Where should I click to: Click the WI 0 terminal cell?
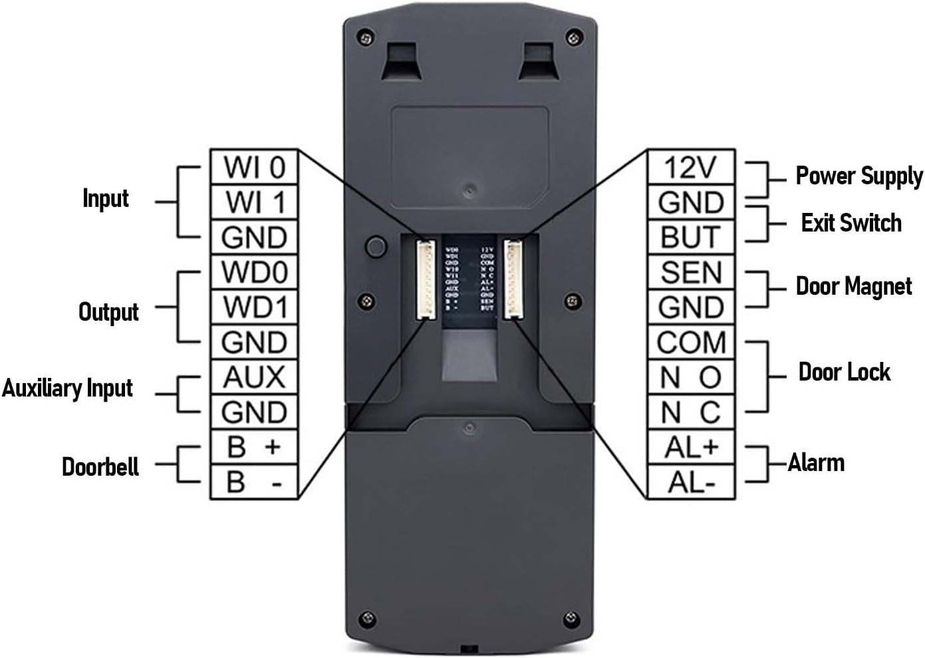tap(254, 167)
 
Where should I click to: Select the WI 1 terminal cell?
tap(254, 202)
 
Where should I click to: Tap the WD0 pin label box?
tap(254, 271)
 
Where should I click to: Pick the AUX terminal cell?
tap(254, 377)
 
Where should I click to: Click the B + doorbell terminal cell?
tap(254, 446)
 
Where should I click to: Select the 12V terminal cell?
tap(691, 167)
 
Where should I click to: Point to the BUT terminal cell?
tap(691, 237)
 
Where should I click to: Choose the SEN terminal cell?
tap(691, 272)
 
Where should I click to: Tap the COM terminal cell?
tap(691, 342)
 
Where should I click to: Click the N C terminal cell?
tap(691, 412)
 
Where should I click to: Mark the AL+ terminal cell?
tap(691, 447)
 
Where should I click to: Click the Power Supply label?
tap(859, 176)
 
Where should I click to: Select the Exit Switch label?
tap(851, 223)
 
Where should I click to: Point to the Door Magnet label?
tap(854, 287)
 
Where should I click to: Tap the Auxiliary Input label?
tap(67, 389)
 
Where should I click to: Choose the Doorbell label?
tap(100, 466)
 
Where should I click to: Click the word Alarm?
tap(816, 462)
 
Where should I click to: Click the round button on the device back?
tap(376, 246)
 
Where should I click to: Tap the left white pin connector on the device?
tap(424, 279)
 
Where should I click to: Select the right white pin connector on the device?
tap(513, 279)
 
